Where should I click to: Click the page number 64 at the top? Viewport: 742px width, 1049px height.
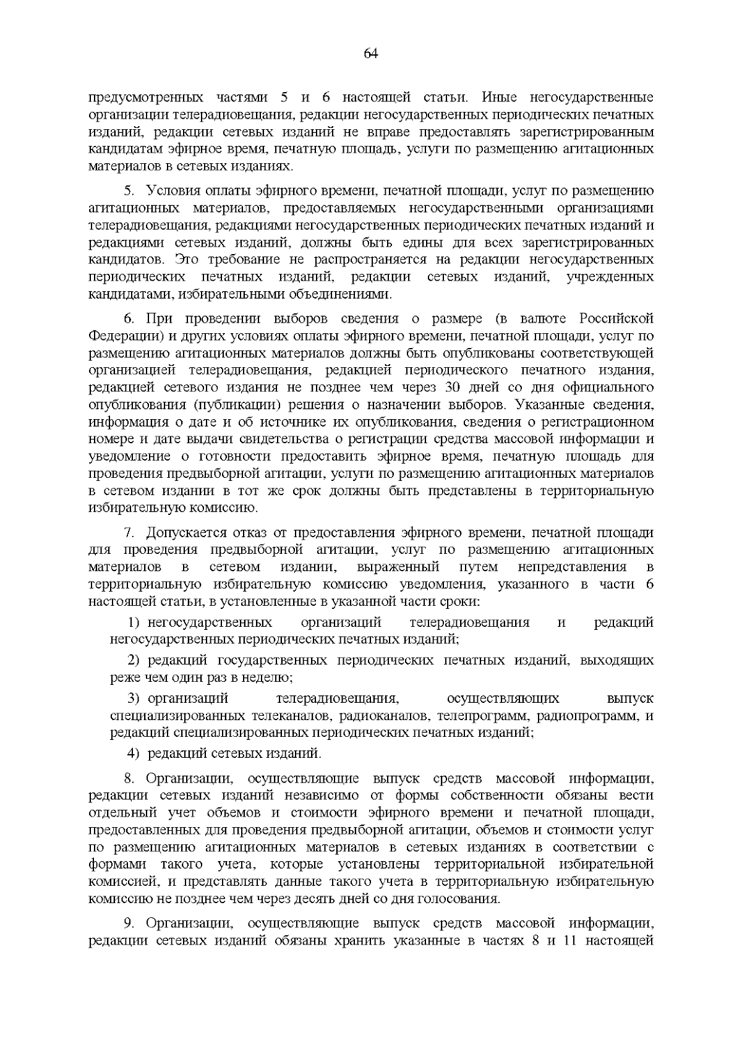tap(370, 54)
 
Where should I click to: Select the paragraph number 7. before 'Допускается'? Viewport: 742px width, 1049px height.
tap(129, 533)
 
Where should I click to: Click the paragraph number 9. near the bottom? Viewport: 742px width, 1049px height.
tap(129, 924)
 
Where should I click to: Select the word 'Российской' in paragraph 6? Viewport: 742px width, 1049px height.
tap(616, 319)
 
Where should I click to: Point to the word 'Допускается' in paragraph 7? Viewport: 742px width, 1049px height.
tap(185, 533)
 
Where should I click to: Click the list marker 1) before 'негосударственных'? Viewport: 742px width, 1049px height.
tap(135, 622)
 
